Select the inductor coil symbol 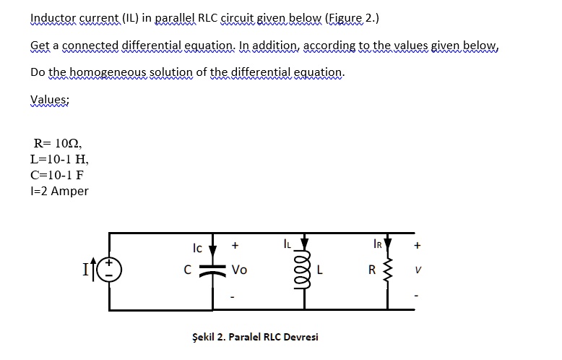tap(304, 270)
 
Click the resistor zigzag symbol tap(388, 271)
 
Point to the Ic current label tap(196, 248)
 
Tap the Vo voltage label tap(240, 270)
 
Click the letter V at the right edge tap(418, 272)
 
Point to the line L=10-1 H tap(60, 159)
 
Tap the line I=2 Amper tap(60, 191)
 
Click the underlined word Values tap(49, 100)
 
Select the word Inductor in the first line tap(53, 17)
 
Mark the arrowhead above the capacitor tap(212, 250)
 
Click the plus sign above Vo tap(235, 246)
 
